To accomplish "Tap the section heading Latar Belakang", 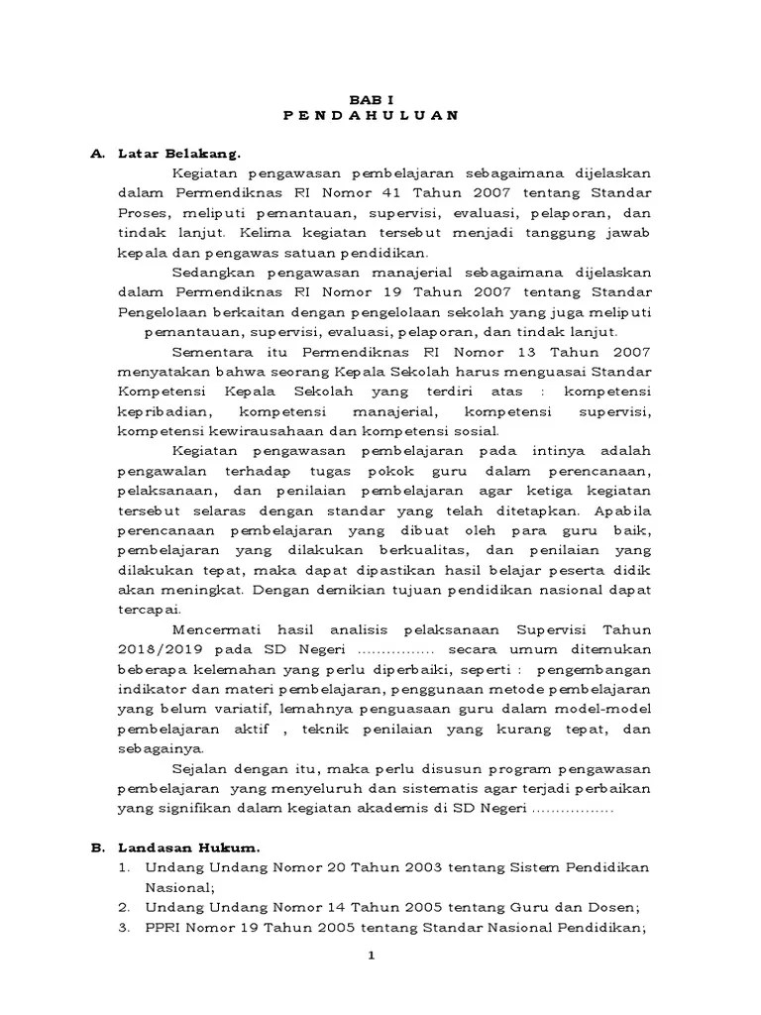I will click(x=179, y=154).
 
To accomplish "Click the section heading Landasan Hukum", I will click(x=188, y=847).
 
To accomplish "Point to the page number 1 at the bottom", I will click(x=371, y=956).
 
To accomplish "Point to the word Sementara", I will click(x=213, y=350).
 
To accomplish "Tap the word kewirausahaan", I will click(x=255, y=431).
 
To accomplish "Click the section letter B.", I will click(x=97, y=847).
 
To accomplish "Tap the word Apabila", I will click(x=621, y=510).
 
